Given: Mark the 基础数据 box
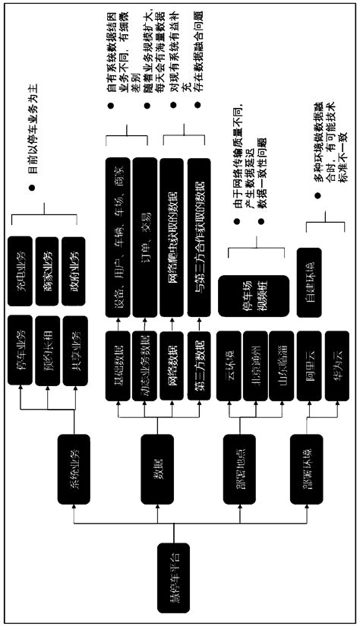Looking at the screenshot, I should coord(118,366).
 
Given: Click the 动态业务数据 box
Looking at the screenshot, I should coord(145,366).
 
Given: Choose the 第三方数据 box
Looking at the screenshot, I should coord(200,366).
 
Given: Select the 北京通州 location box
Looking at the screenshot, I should coord(257,366).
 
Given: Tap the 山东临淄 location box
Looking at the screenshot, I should coord(283,366).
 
